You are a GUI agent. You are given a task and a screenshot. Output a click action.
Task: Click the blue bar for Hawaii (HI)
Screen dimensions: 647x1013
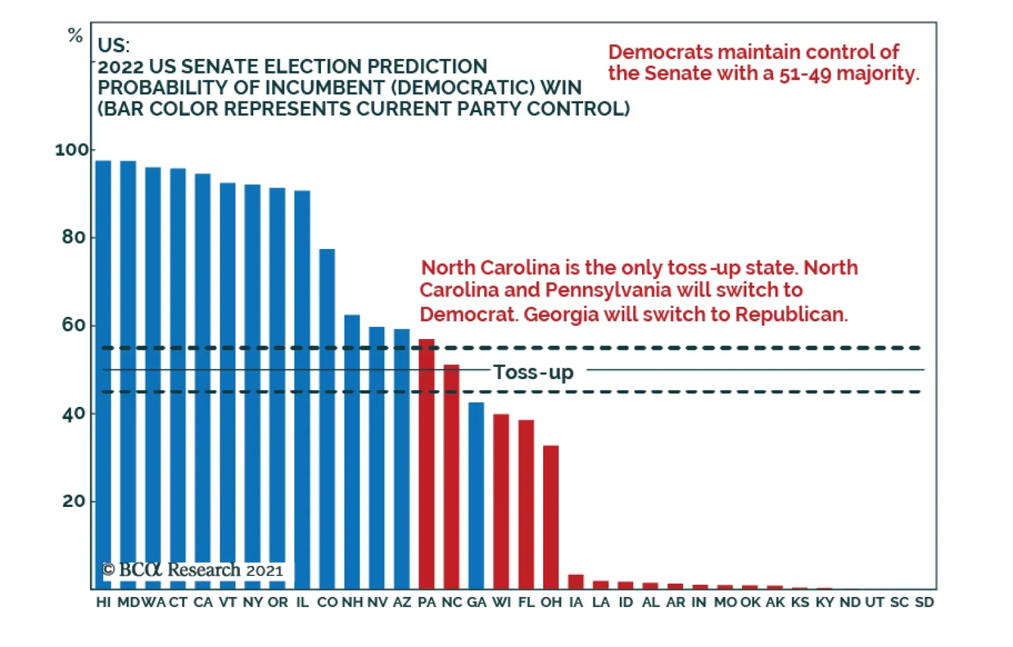103,355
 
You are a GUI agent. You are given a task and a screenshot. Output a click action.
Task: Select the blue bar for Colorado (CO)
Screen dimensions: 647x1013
327,418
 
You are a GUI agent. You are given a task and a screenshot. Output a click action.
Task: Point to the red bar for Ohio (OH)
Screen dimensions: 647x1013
551,516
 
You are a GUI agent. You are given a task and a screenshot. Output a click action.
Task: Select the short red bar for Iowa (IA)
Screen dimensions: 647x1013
576,582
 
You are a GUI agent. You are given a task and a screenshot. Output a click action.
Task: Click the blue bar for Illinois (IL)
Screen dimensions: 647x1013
302,387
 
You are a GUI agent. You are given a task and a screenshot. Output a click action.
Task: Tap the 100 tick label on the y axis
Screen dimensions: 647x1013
72,150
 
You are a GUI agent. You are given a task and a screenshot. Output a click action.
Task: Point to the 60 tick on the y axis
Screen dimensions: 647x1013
73,325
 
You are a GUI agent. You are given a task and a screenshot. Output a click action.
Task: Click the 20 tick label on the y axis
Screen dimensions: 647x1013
73,501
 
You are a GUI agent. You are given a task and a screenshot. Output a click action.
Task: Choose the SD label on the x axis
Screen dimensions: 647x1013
924,602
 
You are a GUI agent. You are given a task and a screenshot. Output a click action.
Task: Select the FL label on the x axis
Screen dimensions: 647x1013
526,602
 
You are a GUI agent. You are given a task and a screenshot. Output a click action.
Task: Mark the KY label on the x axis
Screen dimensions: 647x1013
824,602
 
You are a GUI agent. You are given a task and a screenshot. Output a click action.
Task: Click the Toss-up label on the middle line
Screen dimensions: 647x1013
533,372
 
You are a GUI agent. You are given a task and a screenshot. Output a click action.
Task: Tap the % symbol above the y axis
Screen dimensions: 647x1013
75,35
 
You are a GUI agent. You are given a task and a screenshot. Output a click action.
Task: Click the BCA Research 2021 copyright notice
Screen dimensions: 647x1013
193,570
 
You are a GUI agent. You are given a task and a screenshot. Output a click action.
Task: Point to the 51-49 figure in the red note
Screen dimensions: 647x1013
805,74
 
